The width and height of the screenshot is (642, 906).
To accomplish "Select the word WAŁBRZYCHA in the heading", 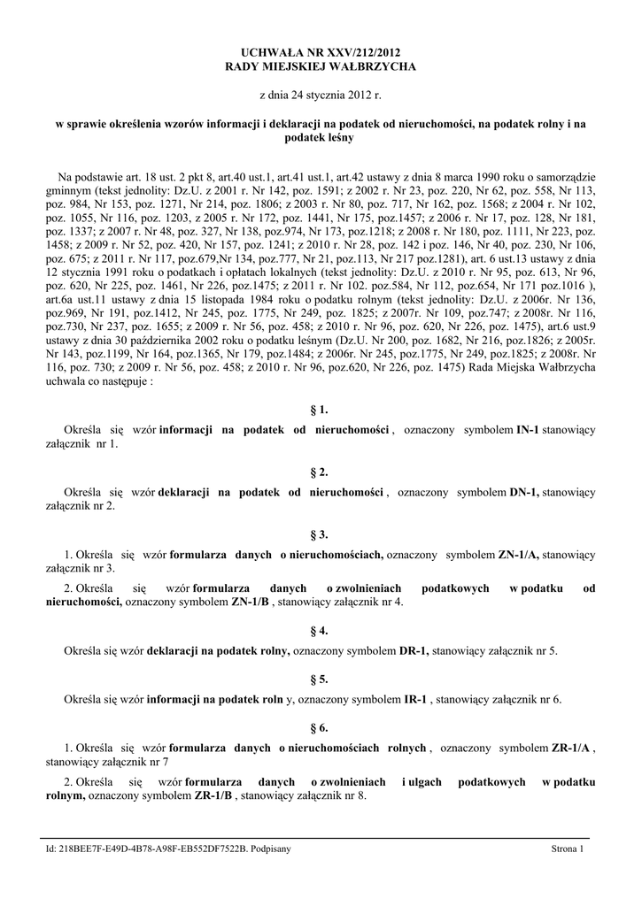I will tap(366, 66).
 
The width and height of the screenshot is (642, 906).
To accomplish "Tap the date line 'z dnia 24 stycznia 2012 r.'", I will tap(320, 94).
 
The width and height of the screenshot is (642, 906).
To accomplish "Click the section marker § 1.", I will tap(320, 410).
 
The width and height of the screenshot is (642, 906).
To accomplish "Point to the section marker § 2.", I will tap(320, 472).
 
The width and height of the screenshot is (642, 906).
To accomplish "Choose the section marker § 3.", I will tap(320, 534).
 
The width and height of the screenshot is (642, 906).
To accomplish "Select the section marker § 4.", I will tap(320, 631).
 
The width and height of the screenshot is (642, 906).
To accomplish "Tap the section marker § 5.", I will tap(320, 679).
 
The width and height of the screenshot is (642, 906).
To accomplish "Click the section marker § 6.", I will tap(320, 728).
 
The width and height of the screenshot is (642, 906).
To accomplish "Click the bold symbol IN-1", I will tap(528, 430).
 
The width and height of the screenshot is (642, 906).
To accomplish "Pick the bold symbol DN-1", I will tap(524, 492).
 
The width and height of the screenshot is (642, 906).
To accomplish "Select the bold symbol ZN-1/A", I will tap(518, 554).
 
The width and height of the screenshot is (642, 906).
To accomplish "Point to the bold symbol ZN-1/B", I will tap(251, 603).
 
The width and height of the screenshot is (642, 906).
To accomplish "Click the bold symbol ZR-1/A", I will tap(571, 748).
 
